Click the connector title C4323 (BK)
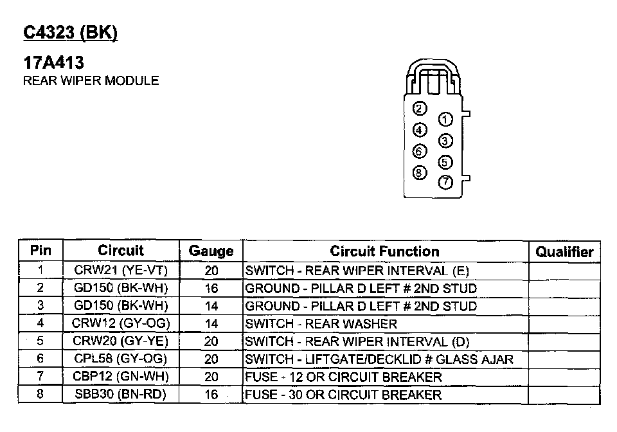(x=71, y=32)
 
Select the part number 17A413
(x=53, y=62)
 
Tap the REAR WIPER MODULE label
(x=91, y=80)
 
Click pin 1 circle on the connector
(x=445, y=120)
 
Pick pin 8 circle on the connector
(x=420, y=173)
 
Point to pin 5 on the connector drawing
(x=445, y=162)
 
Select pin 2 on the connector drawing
(x=420, y=109)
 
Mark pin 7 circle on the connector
(x=445, y=182)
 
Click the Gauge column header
(x=211, y=251)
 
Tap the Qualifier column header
(x=564, y=252)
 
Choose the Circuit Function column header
(x=384, y=251)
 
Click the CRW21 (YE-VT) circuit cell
(x=121, y=270)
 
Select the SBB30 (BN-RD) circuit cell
(x=120, y=394)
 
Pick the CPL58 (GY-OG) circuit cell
(x=120, y=359)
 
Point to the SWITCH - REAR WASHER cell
(x=321, y=324)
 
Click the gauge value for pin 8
(x=211, y=394)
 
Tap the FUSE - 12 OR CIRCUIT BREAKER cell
(x=343, y=377)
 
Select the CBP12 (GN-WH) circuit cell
(x=121, y=376)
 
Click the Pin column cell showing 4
(x=40, y=323)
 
